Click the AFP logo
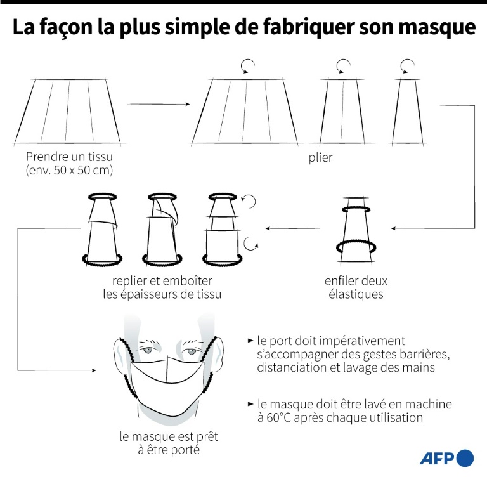pyautogui.click(x=446, y=458)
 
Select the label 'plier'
pyautogui.click(x=320, y=157)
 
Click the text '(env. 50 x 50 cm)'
pyautogui.click(x=69, y=170)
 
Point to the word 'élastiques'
pyautogui.click(x=356, y=294)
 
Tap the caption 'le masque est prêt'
pyautogui.click(x=169, y=436)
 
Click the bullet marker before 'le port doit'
pyautogui.click(x=250, y=341)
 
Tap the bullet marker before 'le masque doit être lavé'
pyautogui.click(x=250, y=404)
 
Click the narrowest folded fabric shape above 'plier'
pyautogui.click(x=408, y=111)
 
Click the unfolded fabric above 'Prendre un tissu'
pyautogui.click(x=68, y=111)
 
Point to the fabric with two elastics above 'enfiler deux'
pyautogui.click(x=356, y=232)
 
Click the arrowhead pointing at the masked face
pyautogui.click(x=94, y=370)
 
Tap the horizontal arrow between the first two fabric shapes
pyautogui.click(x=159, y=104)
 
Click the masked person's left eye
pyautogui.click(x=192, y=351)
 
